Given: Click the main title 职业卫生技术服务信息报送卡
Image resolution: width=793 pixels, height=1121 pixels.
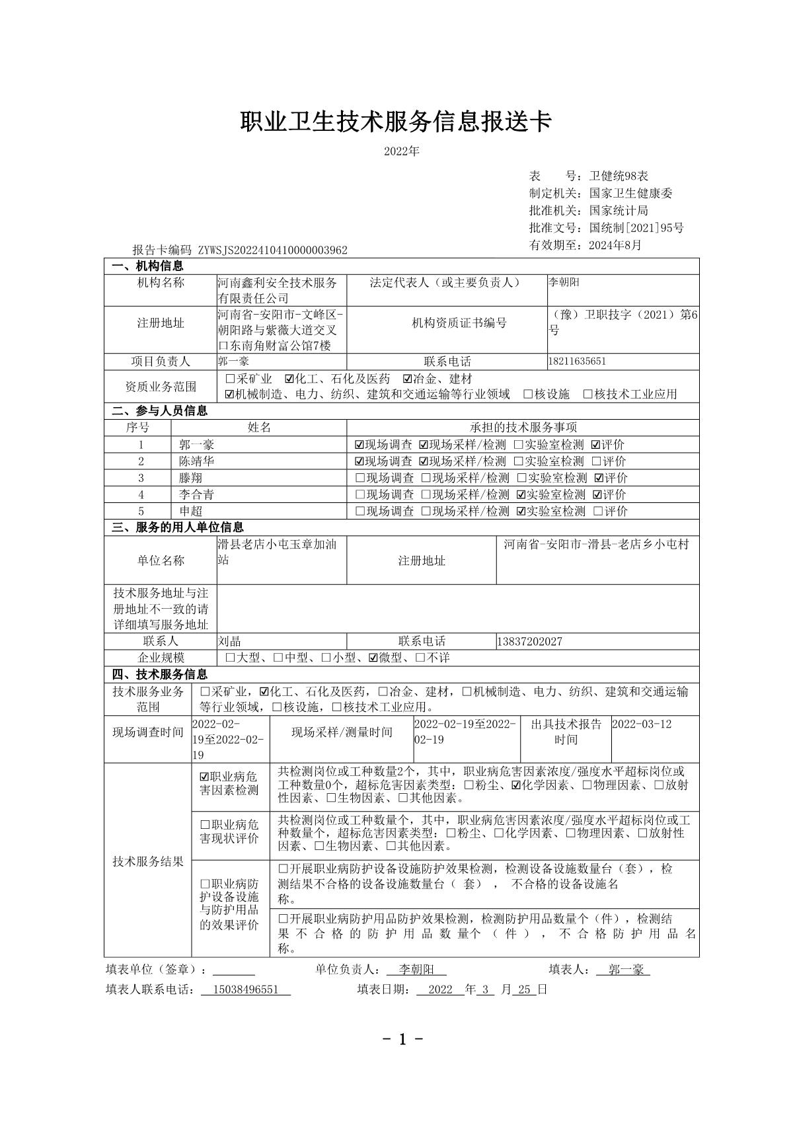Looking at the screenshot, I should pos(395,122).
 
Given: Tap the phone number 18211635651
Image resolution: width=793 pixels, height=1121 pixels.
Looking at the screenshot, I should pos(577,362).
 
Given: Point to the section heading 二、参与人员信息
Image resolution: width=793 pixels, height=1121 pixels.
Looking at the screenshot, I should pos(159,411).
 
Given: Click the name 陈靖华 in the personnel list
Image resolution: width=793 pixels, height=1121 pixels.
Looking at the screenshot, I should pos(196,461).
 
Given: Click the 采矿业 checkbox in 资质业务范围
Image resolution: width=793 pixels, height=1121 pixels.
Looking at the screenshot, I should pos(230,379).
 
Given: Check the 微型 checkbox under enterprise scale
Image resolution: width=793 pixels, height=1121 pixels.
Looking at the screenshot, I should pos(373,658).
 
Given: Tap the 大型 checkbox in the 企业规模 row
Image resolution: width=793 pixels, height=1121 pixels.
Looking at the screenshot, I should pos(230,658).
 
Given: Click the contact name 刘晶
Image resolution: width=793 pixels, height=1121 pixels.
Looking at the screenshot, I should pos(229,641).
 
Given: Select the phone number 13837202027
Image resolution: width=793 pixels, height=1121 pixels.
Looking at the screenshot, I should pos(529,641).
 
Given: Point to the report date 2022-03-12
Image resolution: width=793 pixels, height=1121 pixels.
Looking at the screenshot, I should pos(641,724).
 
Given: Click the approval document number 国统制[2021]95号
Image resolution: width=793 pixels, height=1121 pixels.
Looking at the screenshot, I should pos(636,228).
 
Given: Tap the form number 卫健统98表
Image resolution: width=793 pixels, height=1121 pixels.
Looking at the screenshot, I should pos(619,176).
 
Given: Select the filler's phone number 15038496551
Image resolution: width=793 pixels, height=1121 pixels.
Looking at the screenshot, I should pos(245,990).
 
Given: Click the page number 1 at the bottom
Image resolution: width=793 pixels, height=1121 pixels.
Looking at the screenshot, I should pos(402,1040).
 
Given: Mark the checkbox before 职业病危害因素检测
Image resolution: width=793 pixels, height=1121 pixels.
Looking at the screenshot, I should pos(204,777).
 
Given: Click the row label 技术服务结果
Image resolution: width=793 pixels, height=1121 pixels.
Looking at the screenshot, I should pos(147,862).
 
